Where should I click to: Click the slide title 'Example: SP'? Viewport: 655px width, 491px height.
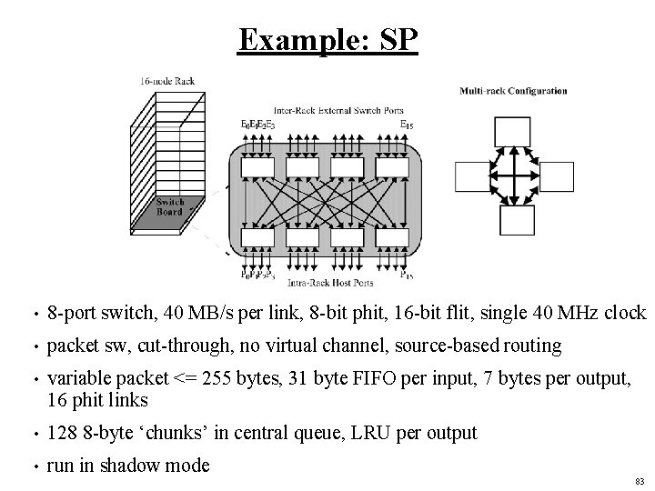coord(327,40)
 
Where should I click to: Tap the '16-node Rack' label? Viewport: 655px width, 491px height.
coord(167,81)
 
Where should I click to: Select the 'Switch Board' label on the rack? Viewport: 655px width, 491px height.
coord(169,207)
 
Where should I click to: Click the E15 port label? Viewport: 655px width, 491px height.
coord(407,124)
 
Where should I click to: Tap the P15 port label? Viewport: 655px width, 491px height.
coord(407,275)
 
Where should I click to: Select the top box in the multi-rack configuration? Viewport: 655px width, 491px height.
coord(513,131)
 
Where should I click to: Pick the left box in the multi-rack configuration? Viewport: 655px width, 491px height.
coord(471,177)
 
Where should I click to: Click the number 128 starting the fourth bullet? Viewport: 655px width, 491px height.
coord(61,433)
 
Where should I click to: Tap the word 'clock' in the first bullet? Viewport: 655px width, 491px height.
coord(621,313)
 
